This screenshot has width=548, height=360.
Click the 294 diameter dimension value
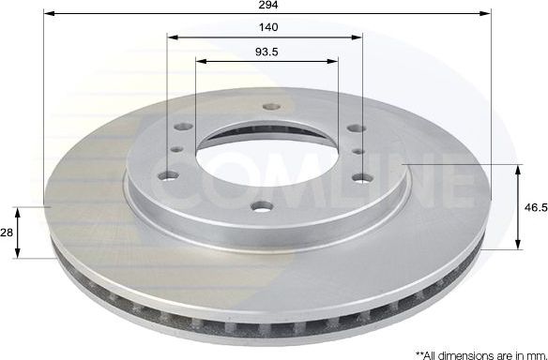(x=267, y=5)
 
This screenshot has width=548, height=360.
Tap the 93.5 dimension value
(x=267, y=52)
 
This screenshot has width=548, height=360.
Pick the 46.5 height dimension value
(x=535, y=207)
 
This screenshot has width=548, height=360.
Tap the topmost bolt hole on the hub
(x=267, y=106)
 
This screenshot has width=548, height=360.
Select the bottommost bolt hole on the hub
(x=262, y=205)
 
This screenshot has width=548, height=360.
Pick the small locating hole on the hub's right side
(x=359, y=149)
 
